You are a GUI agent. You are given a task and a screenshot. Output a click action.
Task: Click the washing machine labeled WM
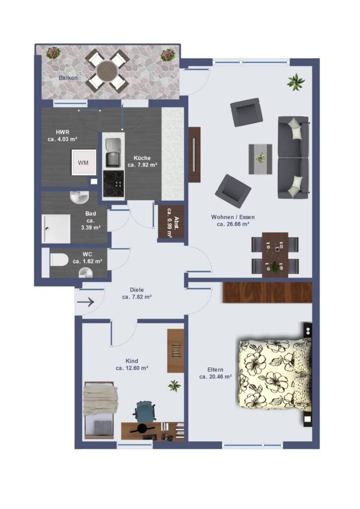click(84, 163)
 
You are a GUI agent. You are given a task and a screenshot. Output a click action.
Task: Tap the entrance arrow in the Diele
click(86, 302)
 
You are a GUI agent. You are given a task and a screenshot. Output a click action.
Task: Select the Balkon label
click(68, 78)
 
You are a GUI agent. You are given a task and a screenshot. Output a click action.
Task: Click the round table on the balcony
click(106, 70)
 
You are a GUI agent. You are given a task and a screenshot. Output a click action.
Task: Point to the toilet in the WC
click(59, 259)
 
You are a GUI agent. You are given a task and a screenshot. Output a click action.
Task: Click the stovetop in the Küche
click(113, 184)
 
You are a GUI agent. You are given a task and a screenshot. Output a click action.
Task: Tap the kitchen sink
click(113, 153)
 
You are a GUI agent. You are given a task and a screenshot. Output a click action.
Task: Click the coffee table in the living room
click(261, 159)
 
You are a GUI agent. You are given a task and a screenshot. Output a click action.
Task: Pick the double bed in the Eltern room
click(275, 374)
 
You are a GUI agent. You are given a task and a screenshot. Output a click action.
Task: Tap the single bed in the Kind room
click(99, 410)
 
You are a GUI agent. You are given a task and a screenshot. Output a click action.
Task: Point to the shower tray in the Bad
click(56, 229)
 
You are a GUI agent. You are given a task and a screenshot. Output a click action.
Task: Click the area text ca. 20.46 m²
click(215, 377)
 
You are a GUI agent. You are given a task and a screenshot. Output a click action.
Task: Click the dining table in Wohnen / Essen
click(275, 254)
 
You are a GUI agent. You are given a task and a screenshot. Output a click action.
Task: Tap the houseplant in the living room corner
click(296, 82)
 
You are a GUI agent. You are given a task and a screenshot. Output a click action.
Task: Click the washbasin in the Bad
click(79, 197)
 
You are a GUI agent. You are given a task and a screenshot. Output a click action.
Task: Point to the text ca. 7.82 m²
click(137, 297)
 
